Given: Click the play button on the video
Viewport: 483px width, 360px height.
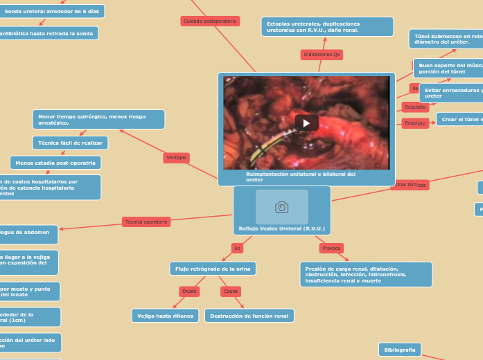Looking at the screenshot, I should pos(306,123).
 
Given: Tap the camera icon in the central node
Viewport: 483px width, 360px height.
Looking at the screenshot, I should pos(281,206).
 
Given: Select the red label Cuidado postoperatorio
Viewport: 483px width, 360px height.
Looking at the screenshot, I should pos(210,21).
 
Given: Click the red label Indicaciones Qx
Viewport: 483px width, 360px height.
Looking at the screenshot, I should pos(322,54).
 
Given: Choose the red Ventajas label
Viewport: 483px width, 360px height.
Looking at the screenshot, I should pos(177,158).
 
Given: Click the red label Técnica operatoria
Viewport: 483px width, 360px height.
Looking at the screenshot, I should pos(146,222).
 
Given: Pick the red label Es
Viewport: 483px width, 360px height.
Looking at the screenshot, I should pos(237,248).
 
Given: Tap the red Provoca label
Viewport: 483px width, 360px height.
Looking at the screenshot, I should pos(331,248).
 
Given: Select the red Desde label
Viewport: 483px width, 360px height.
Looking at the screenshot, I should pos(189,291).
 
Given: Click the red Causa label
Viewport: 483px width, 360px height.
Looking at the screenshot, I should pos(231,291).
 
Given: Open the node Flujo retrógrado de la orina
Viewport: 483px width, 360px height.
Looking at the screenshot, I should pos(212,268).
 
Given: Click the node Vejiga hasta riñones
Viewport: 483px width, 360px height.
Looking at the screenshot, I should pos(165,316).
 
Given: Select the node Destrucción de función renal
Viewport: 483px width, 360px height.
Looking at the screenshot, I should pos(249,316).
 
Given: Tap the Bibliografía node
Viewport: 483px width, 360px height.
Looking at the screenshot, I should pos(399,350).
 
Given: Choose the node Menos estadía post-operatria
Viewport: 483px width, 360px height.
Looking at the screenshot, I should pos(55,163).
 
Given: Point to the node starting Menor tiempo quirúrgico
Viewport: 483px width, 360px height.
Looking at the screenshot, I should pos(98,119).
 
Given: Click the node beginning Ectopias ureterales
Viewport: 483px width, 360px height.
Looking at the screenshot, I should pos(326,27).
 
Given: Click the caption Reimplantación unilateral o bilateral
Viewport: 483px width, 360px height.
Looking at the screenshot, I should pos(300,177).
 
